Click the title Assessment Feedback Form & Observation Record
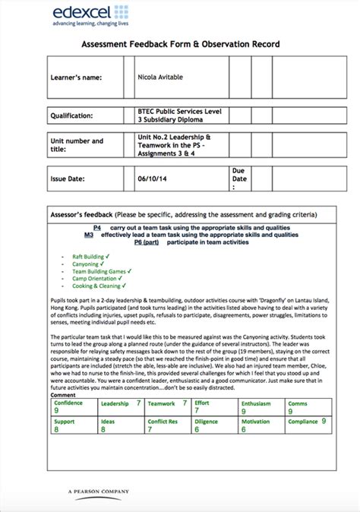coord(180,45)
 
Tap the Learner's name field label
coord(75,77)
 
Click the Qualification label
coord(73,116)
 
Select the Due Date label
coord(238,179)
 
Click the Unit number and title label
coord(77,145)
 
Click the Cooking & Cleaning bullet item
coord(96,286)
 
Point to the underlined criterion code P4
coord(97,228)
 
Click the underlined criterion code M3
coord(90,235)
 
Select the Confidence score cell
coord(74,406)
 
